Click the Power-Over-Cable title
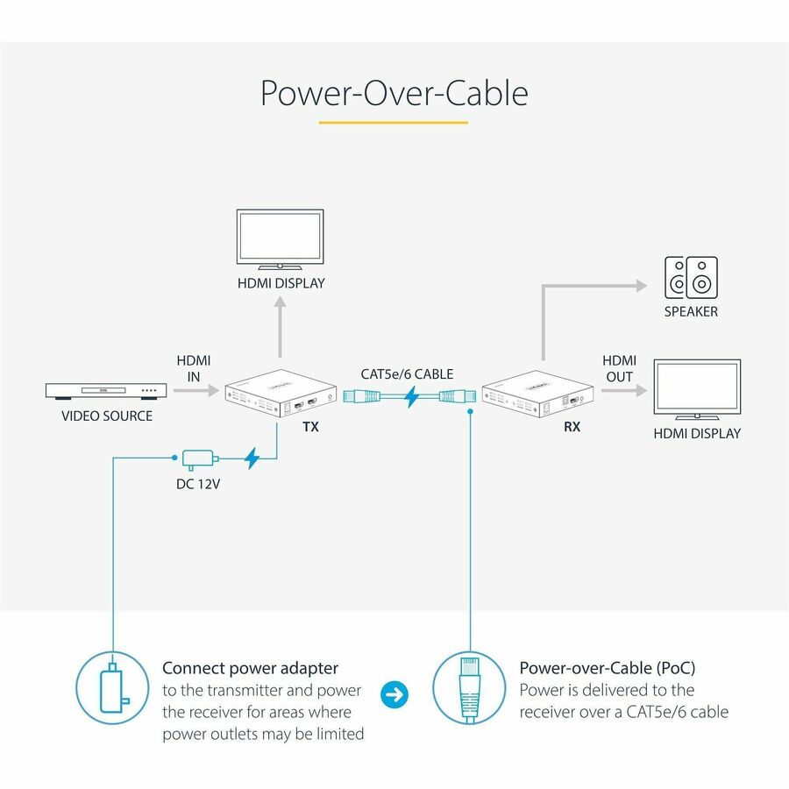[394, 93]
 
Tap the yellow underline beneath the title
[394, 122]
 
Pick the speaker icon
[690, 276]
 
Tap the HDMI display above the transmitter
[281, 238]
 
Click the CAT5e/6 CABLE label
[407, 374]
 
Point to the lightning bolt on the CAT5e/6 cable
[409, 397]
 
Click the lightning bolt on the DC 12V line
[252, 458]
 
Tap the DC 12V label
[199, 482]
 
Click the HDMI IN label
[194, 368]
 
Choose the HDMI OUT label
[619, 368]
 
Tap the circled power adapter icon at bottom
[113, 689]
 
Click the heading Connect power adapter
[250, 668]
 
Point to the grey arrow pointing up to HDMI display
[281, 329]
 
